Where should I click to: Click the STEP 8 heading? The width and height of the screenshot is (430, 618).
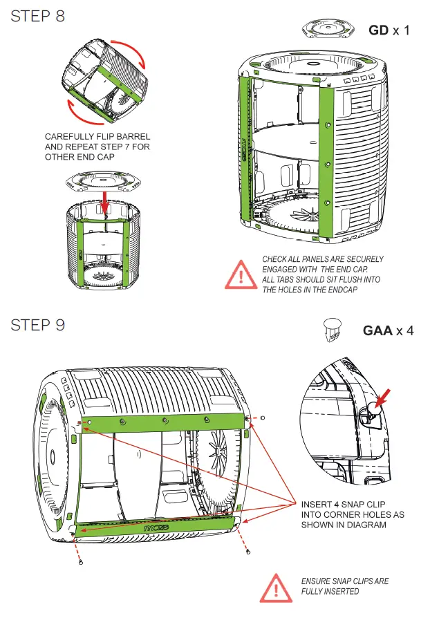click(x=38, y=16)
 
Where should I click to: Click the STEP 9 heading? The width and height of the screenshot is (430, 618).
click(x=38, y=325)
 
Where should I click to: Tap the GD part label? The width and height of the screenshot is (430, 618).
click(x=378, y=30)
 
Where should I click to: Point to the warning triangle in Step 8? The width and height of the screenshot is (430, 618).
click(x=239, y=274)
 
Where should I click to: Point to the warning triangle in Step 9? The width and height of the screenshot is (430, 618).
click(x=275, y=586)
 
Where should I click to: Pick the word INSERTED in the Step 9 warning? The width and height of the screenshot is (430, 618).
click(x=340, y=592)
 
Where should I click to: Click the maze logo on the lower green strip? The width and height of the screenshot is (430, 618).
click(x=158, y=527)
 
